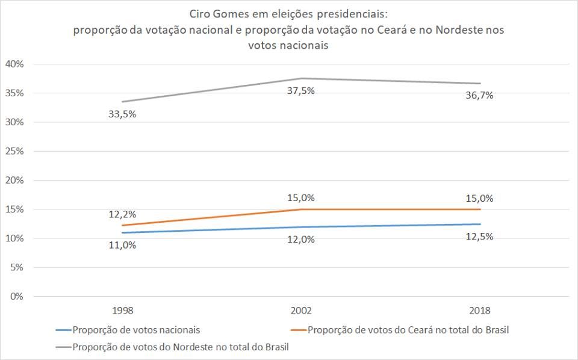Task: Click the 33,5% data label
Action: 123,114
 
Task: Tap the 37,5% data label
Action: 301,91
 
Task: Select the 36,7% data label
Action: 479,95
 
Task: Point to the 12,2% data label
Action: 123,214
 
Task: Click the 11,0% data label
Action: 123,245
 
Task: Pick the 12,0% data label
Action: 301,240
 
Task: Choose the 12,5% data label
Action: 479,237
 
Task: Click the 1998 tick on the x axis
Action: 123,311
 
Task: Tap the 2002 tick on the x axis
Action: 301,311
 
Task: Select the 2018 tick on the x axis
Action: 479,311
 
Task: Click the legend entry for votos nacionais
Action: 136,330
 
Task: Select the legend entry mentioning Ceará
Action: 412,330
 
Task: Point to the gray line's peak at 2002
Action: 301,78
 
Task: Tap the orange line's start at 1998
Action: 123,225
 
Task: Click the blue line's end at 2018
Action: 479,224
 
